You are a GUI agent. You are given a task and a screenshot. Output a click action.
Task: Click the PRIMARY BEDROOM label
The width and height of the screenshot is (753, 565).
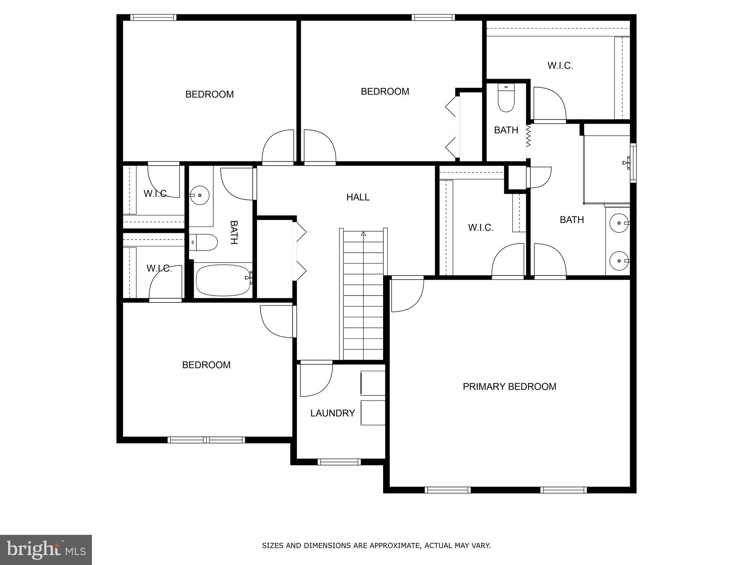point(509,387)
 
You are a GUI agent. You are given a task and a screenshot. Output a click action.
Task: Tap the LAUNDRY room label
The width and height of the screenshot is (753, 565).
point(332,413)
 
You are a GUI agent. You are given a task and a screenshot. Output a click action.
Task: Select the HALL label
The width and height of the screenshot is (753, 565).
point(358,197)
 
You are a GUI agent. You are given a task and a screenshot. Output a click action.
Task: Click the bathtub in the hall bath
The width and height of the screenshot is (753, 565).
point(223,280)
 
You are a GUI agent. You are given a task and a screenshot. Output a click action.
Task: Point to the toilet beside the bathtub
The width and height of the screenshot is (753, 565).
point(204,242)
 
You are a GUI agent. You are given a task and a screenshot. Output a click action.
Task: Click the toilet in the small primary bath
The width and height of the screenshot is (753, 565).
point(506,99)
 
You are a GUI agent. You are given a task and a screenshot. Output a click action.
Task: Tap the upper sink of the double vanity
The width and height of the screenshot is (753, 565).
point(619,223)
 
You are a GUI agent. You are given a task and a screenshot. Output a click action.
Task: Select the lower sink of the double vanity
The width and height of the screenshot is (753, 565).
point(619,261)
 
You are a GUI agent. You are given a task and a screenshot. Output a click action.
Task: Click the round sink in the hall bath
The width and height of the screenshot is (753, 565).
point(199,195)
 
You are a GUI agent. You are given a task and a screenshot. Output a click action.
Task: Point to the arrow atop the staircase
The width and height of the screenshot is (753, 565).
point(364,234)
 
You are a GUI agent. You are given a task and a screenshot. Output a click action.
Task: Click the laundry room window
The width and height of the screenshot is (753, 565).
point(339,462)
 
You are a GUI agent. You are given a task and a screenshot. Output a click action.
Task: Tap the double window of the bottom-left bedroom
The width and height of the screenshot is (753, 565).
point(206,440)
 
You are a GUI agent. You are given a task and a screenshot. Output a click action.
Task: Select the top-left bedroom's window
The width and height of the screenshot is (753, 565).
point(153,17)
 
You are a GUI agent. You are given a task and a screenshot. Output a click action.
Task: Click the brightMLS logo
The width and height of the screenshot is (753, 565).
point(46,550)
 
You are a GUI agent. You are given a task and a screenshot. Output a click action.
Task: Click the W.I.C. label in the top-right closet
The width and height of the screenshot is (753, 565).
point(560,65)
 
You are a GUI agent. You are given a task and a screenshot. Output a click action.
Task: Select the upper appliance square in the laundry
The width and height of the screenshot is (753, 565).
point(373,383)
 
